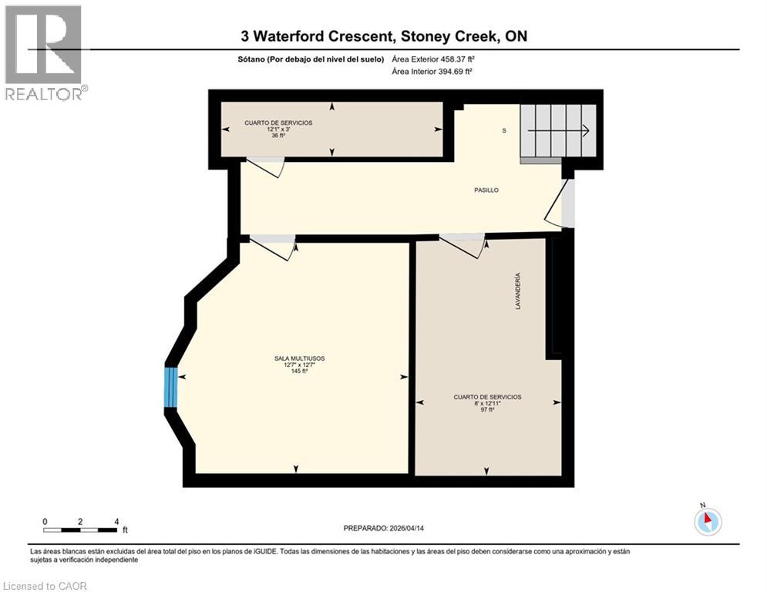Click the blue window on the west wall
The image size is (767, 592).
(171, 387)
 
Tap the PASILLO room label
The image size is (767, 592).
(486, 190)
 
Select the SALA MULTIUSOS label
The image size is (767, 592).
(299, 358)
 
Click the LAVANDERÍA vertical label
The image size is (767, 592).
(518, 291)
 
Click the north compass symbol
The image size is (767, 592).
(707, 521)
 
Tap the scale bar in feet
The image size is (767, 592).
(80, 530)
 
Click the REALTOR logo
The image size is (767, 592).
(44, 52)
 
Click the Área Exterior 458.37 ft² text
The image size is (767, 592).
(432, 59)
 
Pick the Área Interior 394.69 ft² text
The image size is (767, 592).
(432, 71)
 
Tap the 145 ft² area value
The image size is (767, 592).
(299, 371)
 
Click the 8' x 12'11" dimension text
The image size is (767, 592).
(487, 403)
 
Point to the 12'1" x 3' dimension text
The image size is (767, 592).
(278, 129)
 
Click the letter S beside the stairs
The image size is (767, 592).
(504, 130)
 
